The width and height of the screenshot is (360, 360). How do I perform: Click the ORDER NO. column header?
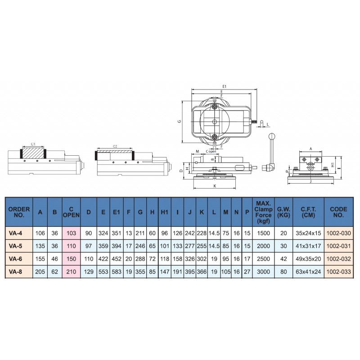pyautogui.click(x=19, y=212)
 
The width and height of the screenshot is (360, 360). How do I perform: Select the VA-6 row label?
pyautogui.click(x=16, y=259)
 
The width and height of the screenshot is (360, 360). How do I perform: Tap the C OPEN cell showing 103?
pyautogui.click(x=71, y=233)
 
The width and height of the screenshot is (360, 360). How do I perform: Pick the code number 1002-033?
pyautogui.click(x=339, y=272)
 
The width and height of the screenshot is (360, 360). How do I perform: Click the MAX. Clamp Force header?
pyautogui.click(x=263, y=212)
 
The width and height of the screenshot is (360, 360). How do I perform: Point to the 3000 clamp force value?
pyautogui.click(x=263, y=272)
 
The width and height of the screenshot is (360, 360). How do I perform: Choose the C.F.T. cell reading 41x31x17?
pyautogui.click(x=308, y=246)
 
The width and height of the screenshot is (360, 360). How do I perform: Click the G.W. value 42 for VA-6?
pyautogui.click(x=283, y=259)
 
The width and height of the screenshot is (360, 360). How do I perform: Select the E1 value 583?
pyautogui.click(x=117, y=272)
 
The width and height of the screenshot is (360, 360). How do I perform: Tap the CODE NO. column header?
pyautogui.click(x=339, y=212)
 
